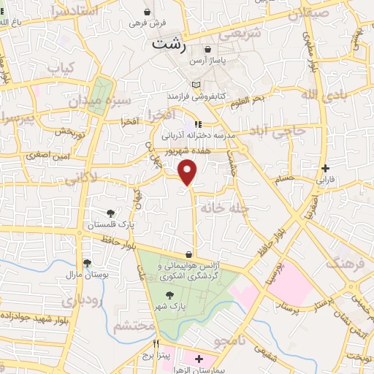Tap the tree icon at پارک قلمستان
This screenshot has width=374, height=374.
[110, 213]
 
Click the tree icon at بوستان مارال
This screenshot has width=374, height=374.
[87, 263]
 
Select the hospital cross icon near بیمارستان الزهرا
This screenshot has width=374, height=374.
[199, 359]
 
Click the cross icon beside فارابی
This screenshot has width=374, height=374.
[325, 168]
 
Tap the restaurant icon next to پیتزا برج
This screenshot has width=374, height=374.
[156, 343]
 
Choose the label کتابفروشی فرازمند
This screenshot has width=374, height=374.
[220, 96]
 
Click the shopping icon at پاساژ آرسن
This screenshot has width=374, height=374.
[209, 50]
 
